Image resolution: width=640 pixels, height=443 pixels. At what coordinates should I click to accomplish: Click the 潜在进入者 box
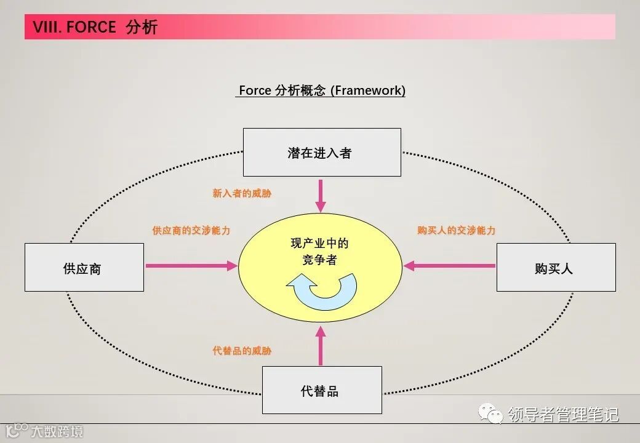click(x=322, y=153)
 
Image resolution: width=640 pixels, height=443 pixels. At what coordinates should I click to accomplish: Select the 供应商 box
click(x=84, y=268)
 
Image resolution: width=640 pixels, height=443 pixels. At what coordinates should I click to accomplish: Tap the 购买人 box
click(x=556, y=268)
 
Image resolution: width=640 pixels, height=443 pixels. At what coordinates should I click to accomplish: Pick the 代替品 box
click(x=322, y=390)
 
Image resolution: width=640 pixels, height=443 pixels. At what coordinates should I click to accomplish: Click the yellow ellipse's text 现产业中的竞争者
click(x=319, y=252)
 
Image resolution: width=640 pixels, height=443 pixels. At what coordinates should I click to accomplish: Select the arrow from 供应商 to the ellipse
click(x=191, y=266)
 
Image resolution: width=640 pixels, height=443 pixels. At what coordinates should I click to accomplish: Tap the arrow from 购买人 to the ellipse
click(x=449, y=266)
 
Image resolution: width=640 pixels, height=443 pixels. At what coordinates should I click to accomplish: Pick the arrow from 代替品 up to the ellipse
click(x=320, y=346)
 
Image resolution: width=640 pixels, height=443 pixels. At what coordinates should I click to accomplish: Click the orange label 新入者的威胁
click(x=242, y=193)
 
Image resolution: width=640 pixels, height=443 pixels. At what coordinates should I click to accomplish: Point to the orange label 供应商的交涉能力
click(x=191, y=231)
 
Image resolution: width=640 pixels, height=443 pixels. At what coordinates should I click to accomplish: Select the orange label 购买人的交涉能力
click(x=456, y=231)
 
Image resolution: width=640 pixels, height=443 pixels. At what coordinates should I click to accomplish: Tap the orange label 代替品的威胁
click(x=242, y=351)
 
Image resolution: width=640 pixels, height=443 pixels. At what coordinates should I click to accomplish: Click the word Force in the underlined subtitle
click(x=255, y=90)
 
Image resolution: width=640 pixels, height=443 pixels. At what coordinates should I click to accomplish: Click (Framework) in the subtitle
click(x=368, y=90)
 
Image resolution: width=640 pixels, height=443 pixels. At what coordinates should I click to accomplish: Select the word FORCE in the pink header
click(x=90, y=27)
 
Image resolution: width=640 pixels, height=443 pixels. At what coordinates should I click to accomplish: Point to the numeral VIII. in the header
click(x=46, y=27)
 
